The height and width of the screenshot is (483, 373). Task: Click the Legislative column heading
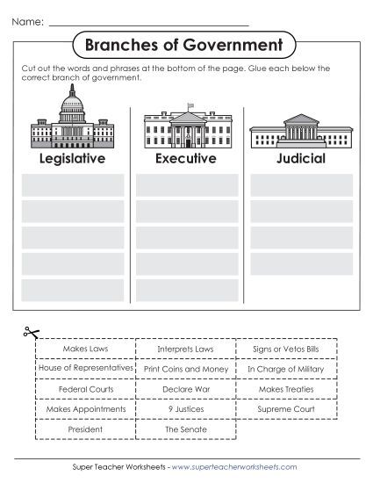(72, 159)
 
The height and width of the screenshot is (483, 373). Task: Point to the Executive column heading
(185, 159)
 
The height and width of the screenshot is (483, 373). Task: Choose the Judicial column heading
(300, 159)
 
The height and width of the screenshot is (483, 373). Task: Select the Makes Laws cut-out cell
(85, 350)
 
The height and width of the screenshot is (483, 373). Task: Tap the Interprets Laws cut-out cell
(186, 350)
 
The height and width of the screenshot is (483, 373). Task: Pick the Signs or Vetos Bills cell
(286, 350)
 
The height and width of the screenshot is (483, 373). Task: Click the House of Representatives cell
(85, 369)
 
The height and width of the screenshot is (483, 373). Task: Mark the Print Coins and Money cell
(186, 370)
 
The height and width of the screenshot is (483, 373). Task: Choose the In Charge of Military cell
(286, 370)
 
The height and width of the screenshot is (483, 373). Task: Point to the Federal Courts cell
(85, 389)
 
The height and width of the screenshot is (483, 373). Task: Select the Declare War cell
(186, 389)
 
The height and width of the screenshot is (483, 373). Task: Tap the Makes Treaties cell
(286, 389)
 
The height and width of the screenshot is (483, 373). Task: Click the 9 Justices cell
(186, 409)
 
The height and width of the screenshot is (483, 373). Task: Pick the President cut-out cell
(85, 430)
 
